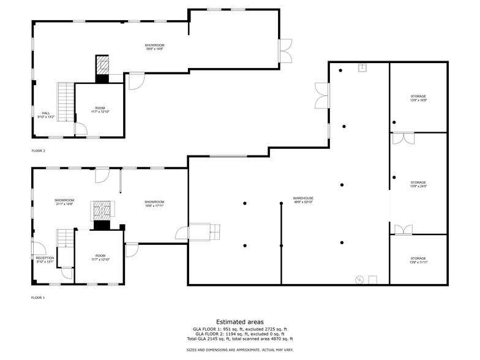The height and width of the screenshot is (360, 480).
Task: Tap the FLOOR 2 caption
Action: point(39,150)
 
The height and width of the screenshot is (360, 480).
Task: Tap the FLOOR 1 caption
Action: point(39,298)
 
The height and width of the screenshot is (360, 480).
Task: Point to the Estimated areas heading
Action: point(240,321)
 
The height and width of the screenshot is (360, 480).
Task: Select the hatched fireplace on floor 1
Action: point(102,210)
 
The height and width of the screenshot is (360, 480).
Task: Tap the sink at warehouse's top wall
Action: point(362,67)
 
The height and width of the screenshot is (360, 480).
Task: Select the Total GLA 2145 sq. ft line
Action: point(240,339)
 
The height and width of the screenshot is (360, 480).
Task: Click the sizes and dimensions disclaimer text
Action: point(240,350)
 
